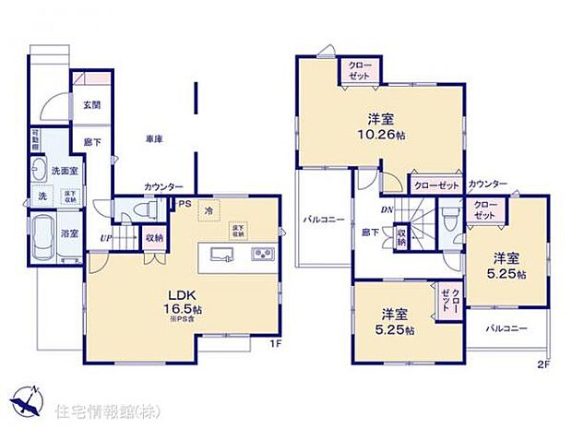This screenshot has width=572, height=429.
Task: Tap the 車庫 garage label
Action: (x=154, y=139)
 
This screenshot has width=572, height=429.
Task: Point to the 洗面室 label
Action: (x=64, y=173)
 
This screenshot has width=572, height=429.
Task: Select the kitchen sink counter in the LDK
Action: (x=237, y=255)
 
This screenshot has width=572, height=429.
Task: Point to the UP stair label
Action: (x=106, y=239)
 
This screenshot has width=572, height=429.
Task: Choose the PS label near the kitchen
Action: (x=185, y=204)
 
